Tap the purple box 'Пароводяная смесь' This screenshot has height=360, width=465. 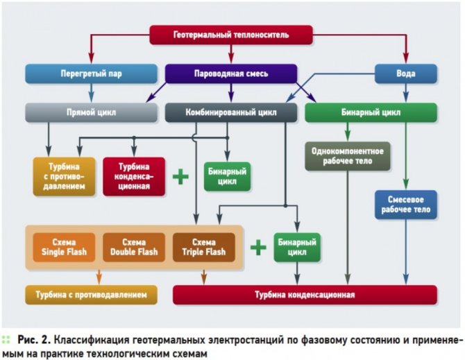(231, 73)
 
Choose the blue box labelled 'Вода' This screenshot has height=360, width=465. (406, 73)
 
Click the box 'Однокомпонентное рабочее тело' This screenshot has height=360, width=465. (342, 156)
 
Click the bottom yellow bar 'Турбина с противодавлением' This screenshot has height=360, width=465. (91, 295)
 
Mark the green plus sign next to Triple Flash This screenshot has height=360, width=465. (258, 247)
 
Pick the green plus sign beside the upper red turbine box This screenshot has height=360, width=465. (180, 176)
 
